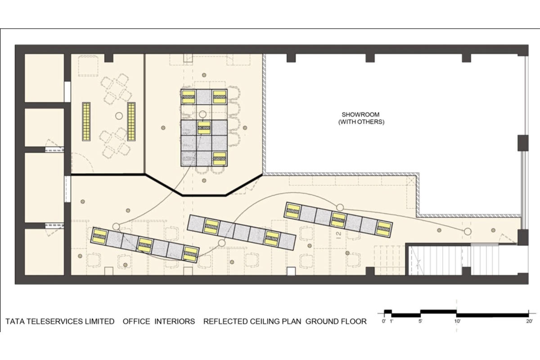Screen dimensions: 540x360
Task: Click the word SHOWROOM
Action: (x=360, y=115)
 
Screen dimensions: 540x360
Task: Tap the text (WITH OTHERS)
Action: (x=361, y=122)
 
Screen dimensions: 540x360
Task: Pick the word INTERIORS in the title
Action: (x=175, y=321)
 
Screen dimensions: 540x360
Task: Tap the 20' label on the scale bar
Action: (x=529, y=321)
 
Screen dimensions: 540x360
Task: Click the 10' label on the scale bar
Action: (x=457, y=321)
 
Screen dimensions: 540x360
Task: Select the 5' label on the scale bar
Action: (x=420, y=321)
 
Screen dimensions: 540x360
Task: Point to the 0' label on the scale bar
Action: (x=384, y=321)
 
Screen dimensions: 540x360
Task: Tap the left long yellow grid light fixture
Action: (x=86, y=121)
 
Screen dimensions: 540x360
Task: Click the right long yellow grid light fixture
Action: (x=131, y=121)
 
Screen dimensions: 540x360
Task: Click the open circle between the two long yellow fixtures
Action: (x=119, y=116)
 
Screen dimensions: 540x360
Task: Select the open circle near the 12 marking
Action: (x=340, y=207)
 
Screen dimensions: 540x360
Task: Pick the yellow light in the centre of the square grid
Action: (x=204, y=127)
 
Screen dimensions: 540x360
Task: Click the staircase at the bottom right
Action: (x=441, y=261)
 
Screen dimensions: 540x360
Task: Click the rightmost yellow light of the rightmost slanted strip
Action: (x=384, y=228)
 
